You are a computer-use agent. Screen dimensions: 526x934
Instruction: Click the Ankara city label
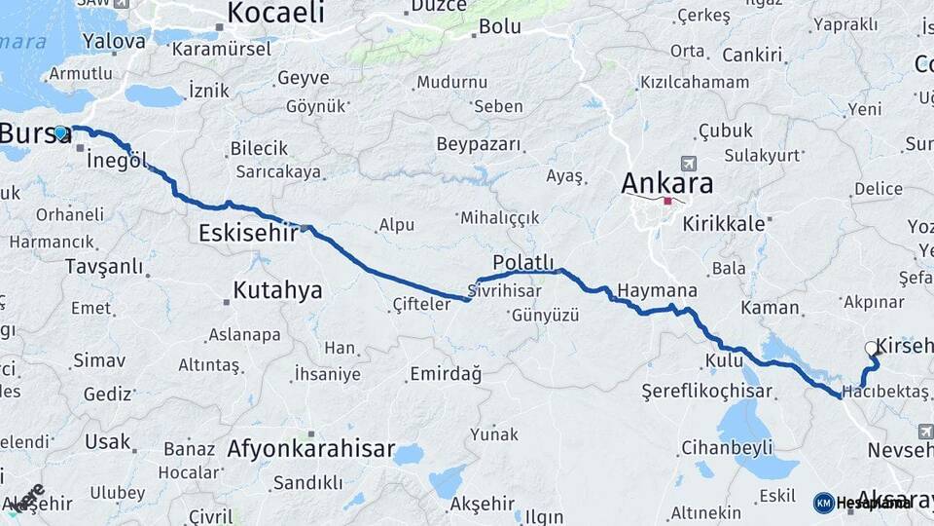coord(666,182)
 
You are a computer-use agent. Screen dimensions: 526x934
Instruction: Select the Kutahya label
coord(277,289)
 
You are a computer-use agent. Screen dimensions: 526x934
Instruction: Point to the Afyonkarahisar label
coord(311,449)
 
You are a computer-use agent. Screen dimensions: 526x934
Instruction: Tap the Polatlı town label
coord(522,262)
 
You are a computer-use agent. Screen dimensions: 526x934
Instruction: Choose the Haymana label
coord(658,291)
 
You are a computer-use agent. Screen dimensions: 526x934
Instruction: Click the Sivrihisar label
coord(503,290)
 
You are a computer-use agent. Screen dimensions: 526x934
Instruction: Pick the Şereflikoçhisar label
coord(707,392)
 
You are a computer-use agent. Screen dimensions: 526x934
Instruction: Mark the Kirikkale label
coord(724,222)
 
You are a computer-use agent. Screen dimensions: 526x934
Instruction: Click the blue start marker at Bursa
coord(60,133)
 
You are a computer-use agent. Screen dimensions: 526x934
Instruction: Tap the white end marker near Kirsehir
coord(872,347)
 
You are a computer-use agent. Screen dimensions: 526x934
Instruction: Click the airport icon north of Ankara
coord(691,163)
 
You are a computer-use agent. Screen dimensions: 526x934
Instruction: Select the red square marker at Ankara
coord(667,202)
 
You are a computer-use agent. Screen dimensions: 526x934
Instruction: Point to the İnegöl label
coord(117,160)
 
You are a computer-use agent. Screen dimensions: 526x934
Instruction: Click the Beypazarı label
coord(479,144)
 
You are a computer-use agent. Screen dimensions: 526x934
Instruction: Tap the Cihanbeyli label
coord(727,448)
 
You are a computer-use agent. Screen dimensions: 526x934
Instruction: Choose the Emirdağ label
coord(446,374)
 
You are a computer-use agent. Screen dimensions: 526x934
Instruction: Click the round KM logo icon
coord(824,503)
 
